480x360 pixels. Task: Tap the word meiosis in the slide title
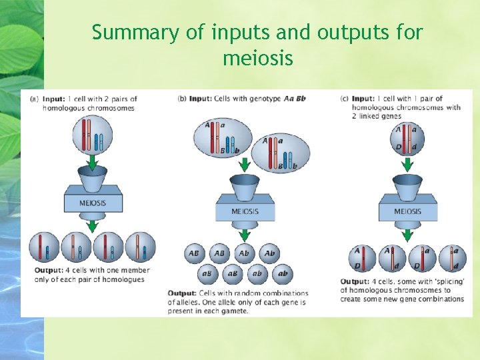coord(258,59)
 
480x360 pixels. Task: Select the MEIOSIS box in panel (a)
coord(93,203)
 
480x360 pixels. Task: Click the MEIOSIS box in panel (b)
coord(244,211)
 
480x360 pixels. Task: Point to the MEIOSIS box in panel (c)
coord(407,211)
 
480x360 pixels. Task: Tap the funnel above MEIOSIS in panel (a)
coord(93,179)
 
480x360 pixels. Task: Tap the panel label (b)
coord(182,99)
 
